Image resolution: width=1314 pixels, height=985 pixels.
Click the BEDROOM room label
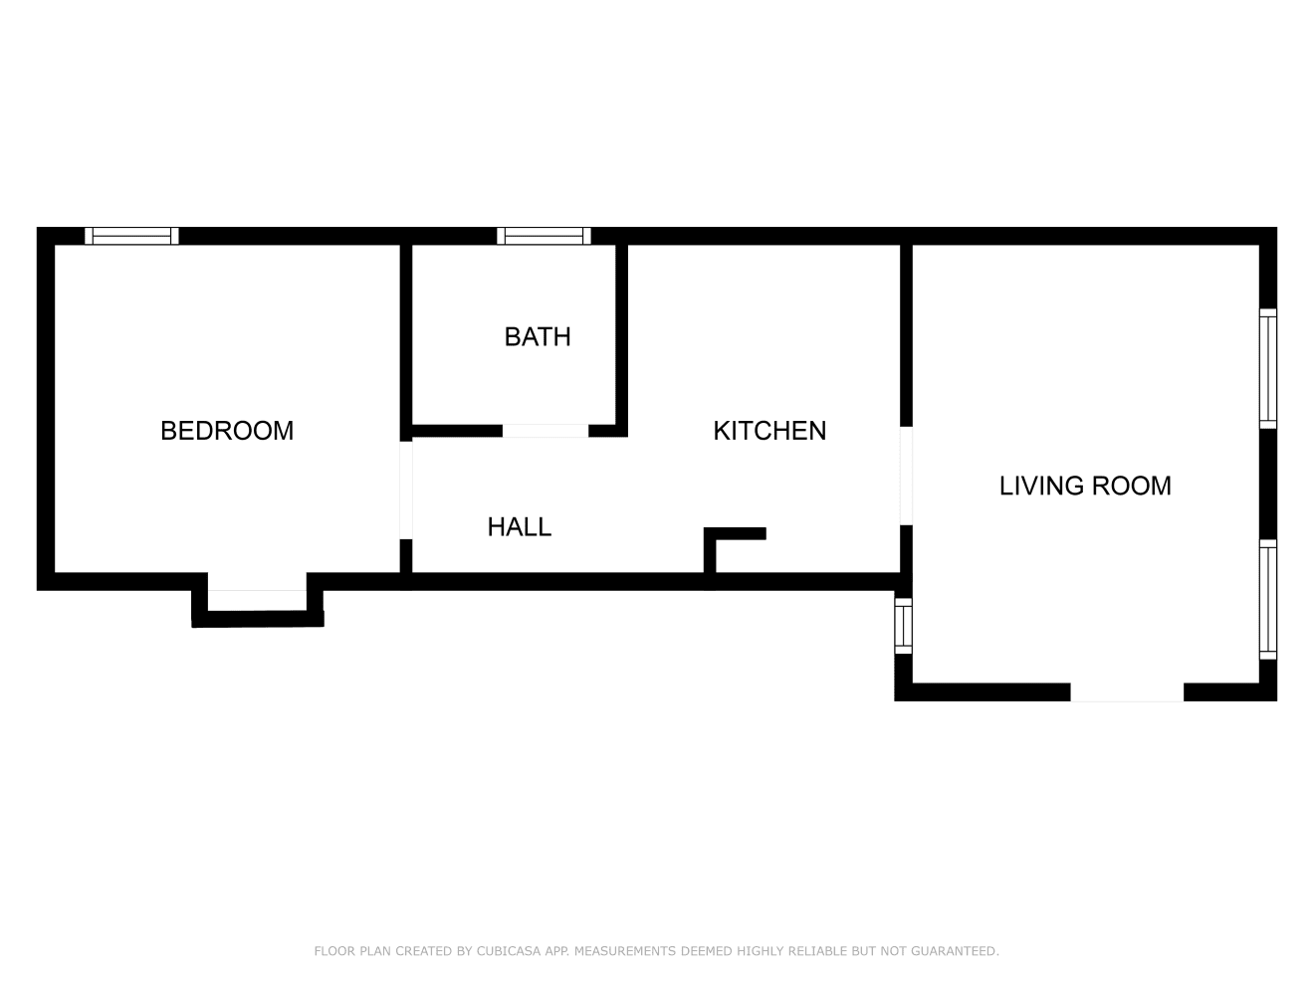point(227,431)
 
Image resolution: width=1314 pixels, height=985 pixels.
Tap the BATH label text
point(538,337)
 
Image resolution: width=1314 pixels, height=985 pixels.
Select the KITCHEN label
point(769,431)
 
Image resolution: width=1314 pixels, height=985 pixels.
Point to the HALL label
point(519,527)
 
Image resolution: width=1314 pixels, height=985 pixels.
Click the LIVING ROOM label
point(1085,486)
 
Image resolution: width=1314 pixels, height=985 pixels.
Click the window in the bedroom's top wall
point(131,236)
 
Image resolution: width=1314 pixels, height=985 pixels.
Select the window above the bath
point(544,236)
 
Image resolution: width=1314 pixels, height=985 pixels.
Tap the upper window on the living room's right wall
point(1267,368)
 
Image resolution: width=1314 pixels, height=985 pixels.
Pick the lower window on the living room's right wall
point(1267,599)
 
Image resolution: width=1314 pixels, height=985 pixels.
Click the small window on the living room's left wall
point(903,625)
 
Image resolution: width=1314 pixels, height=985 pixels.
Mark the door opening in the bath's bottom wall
point(545,431)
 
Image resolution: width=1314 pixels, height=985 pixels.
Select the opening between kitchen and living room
point(906,476)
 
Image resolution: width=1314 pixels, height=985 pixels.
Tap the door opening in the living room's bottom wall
point(1127,692)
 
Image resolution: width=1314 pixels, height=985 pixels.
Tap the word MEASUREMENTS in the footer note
point(625,951)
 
